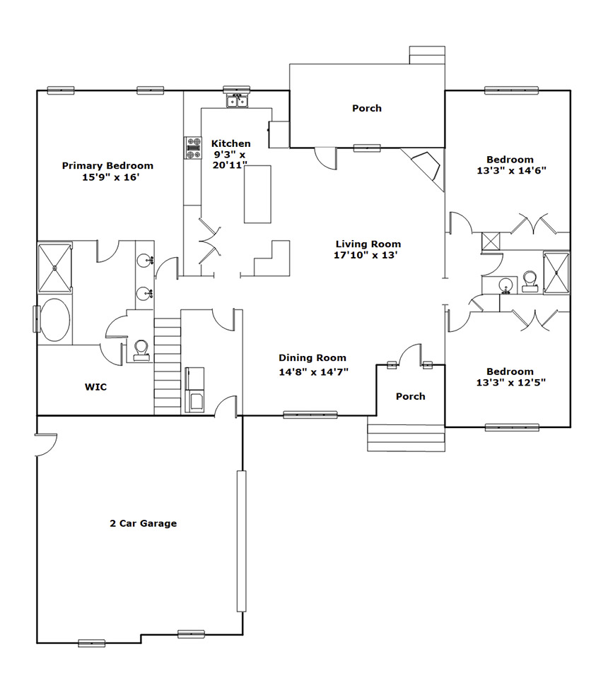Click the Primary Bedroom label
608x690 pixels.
coord(107,166)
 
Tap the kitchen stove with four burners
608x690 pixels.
coord(192,148)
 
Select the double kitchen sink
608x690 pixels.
coord(237,102)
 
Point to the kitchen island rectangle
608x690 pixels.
coord(258,194)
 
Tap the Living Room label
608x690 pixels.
coord(368,244)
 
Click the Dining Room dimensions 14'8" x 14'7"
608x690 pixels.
coord(314,372)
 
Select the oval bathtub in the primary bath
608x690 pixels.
coord(54,320)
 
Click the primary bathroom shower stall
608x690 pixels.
coord(54,268)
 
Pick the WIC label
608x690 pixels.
coord(95,387)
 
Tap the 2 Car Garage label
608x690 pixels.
coord(144,523)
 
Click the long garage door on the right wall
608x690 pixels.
coord(242,541)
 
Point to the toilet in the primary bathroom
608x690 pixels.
coord(141,351)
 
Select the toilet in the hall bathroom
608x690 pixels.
coord(530,282)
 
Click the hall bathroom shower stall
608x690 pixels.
coord(556,273)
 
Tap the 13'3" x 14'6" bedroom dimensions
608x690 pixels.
coord(512,171)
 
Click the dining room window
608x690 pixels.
coord(310,415)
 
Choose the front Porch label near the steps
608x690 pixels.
coord(411,396)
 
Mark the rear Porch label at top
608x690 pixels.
coord(367,108)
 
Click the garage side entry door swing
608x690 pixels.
coord(47,445)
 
